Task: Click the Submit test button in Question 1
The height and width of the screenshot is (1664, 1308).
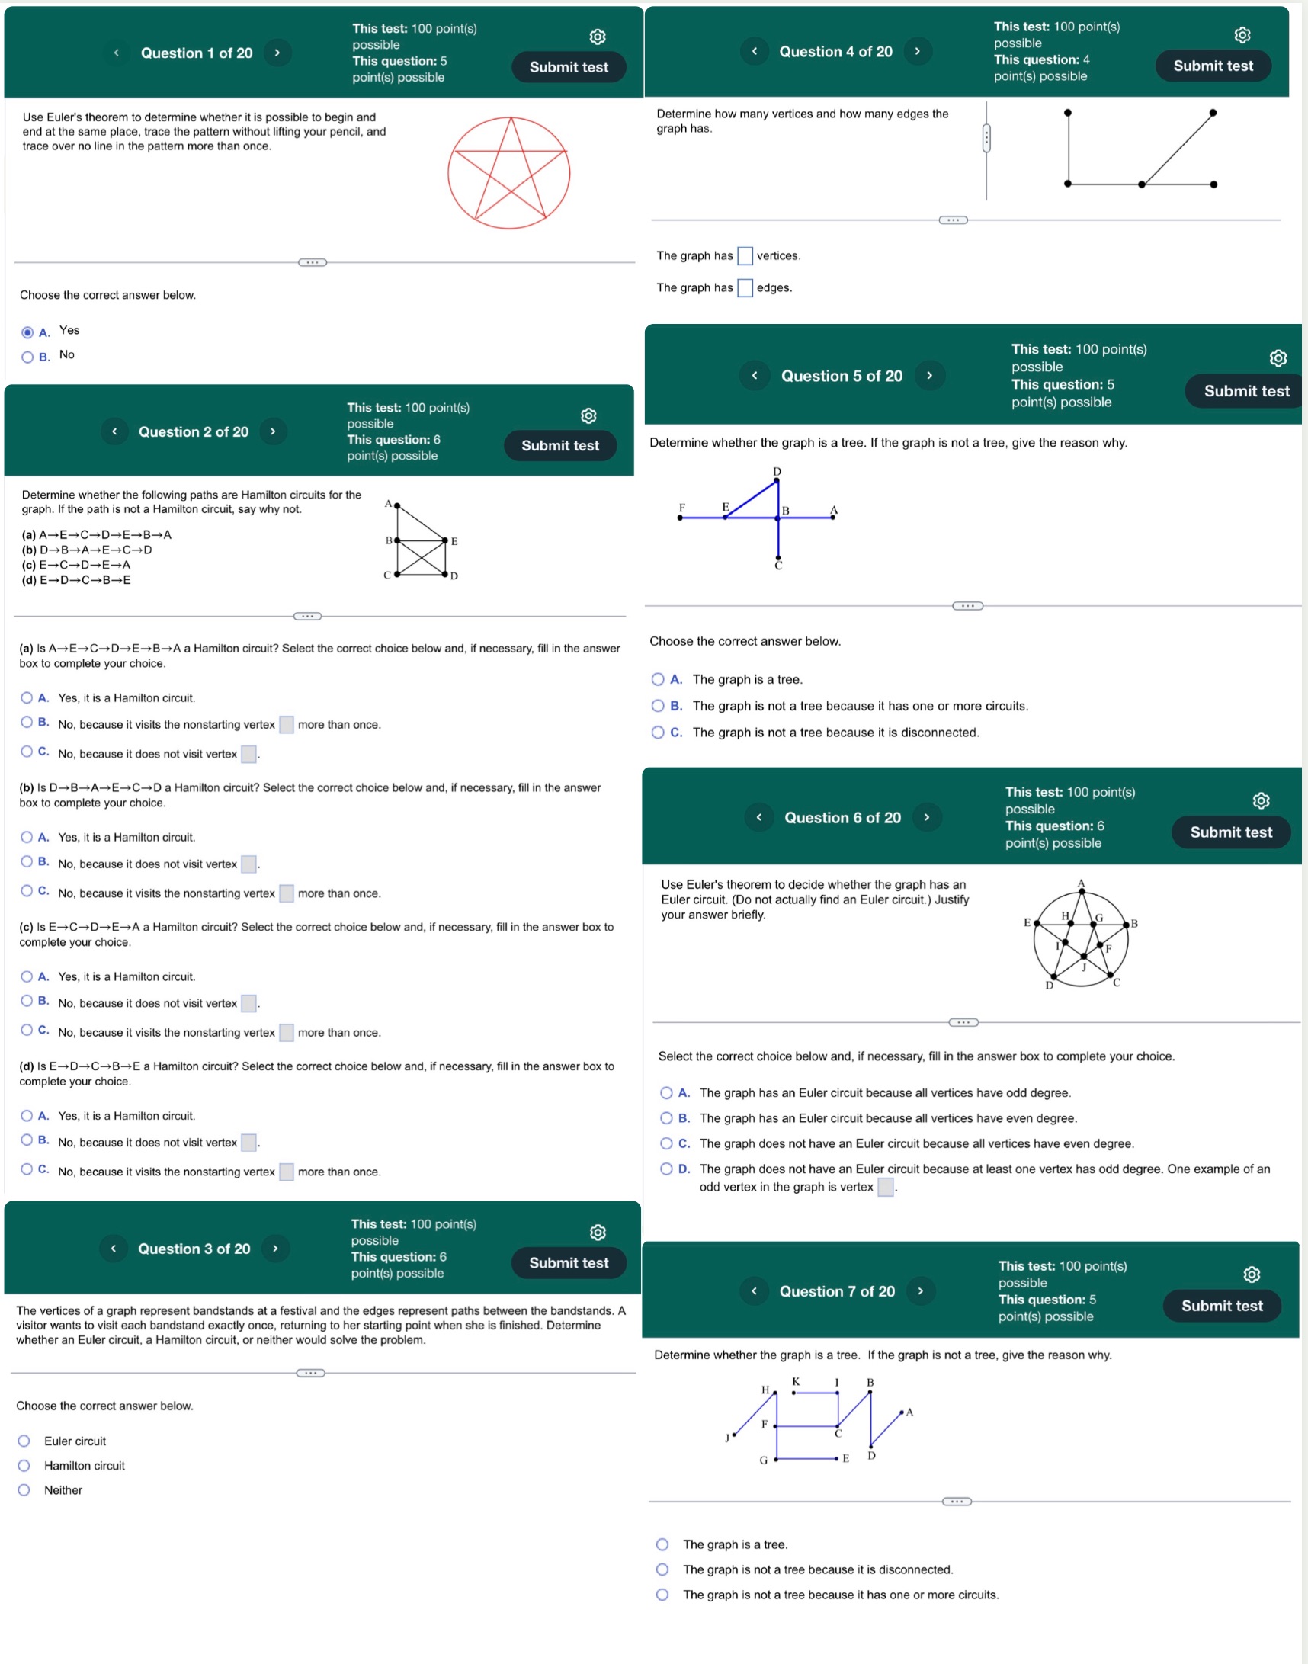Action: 568,66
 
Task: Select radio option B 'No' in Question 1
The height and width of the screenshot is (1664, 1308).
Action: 27,357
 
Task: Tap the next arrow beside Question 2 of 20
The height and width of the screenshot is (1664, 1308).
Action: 273,431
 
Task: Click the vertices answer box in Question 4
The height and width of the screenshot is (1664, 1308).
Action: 745,256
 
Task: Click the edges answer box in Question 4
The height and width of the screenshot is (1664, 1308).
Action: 745,288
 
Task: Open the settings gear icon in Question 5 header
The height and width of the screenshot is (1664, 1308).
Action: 1278,358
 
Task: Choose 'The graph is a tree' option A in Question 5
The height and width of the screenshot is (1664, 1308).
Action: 658,679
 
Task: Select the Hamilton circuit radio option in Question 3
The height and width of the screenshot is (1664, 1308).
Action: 24,1466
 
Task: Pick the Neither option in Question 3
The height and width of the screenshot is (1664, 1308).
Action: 24,1490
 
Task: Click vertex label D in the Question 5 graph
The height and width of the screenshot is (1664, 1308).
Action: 777,471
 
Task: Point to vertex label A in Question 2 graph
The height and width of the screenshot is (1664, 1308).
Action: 388,503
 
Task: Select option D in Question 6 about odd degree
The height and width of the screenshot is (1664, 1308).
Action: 666,1169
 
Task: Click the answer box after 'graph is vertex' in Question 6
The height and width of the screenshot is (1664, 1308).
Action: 885,1187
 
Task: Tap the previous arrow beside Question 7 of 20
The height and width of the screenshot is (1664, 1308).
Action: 755,1291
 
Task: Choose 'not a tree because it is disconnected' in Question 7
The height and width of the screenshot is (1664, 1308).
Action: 662,1569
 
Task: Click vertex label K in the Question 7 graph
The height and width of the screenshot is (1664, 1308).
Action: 797,1381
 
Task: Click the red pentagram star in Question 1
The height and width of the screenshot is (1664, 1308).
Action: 509,173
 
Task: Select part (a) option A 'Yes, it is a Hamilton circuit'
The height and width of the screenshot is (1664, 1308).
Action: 27,697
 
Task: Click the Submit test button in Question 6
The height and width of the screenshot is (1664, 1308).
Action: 1230,832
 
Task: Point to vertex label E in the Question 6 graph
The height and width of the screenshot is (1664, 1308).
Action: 1027,923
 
